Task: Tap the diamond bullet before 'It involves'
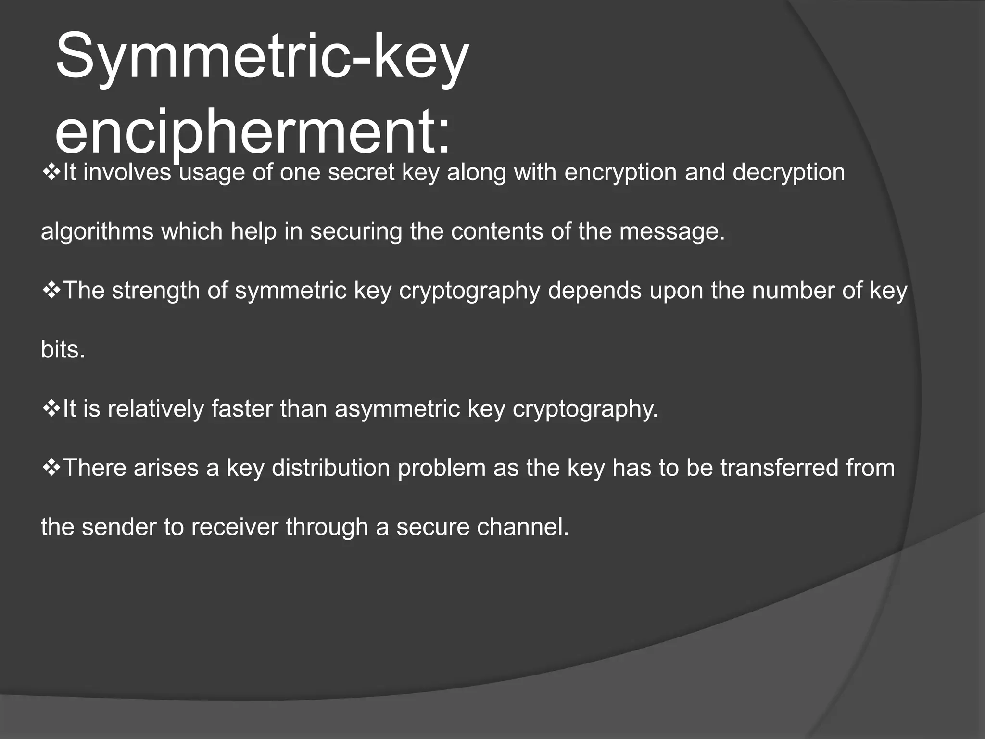pyautogui.click(x=51, y=172)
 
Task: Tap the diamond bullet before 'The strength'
pyautogui.click(x=51, y=290)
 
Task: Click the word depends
pyautogui.click(x=594, y=291)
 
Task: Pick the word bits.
pyautogui.click(x=63, y=350)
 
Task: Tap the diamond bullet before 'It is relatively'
pyautogui.click(x=51, y=408)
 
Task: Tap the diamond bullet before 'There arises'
pyautogui.click(x=51, y=468)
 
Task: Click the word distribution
pyautogui.click(x=331, y=468)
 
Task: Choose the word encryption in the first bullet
pyautogui.click(x=620, y=173)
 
